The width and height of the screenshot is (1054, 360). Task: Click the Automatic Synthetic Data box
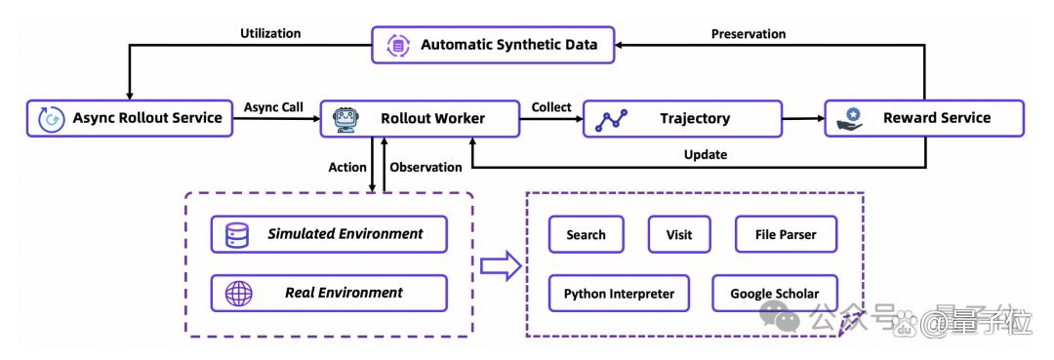tap(494, 45)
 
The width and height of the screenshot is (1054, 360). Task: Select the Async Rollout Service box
tap(130, 118)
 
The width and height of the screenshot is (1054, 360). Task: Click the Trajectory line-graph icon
tap(612, 120)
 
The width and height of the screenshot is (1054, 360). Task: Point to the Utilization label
tap(270, 33)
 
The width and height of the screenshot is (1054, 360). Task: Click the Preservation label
tap(749, 33)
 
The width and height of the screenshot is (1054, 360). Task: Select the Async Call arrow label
tap(273, 106)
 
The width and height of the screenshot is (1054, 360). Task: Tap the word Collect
tap(551, 106)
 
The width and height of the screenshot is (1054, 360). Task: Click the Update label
tap(706, 154)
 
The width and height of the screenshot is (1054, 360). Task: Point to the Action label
tap(347, 167)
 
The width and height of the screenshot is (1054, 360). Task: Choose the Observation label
tap(426, 167)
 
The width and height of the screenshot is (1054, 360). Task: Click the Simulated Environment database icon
tap(237, 234)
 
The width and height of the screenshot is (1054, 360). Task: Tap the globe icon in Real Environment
tap(239, 293)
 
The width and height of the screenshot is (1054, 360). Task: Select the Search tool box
tap(587, 234)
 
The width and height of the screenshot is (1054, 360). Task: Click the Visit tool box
tap(679, 234)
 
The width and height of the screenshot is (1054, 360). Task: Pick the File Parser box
tap(786, 234)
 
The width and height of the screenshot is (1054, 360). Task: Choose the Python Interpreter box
tap(619, 294)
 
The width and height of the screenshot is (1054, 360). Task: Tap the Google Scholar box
tap(775, 294)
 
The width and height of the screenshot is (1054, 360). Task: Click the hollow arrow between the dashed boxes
tap(501, 266)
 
